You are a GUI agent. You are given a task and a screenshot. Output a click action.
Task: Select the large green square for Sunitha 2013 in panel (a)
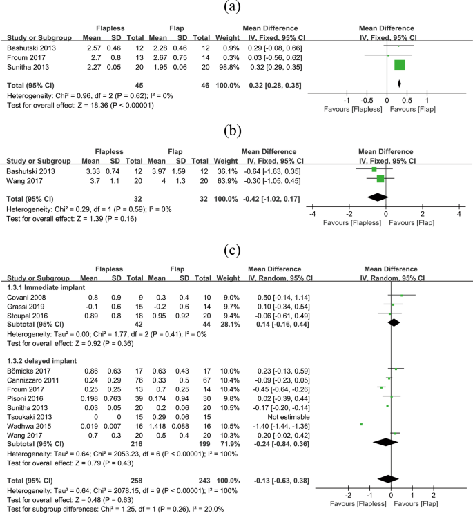[x=400, y=66]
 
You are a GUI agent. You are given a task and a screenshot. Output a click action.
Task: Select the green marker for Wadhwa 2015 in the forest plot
[x=361, y=423]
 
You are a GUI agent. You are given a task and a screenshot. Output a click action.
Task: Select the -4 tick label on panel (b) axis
[x=314, y=215]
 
